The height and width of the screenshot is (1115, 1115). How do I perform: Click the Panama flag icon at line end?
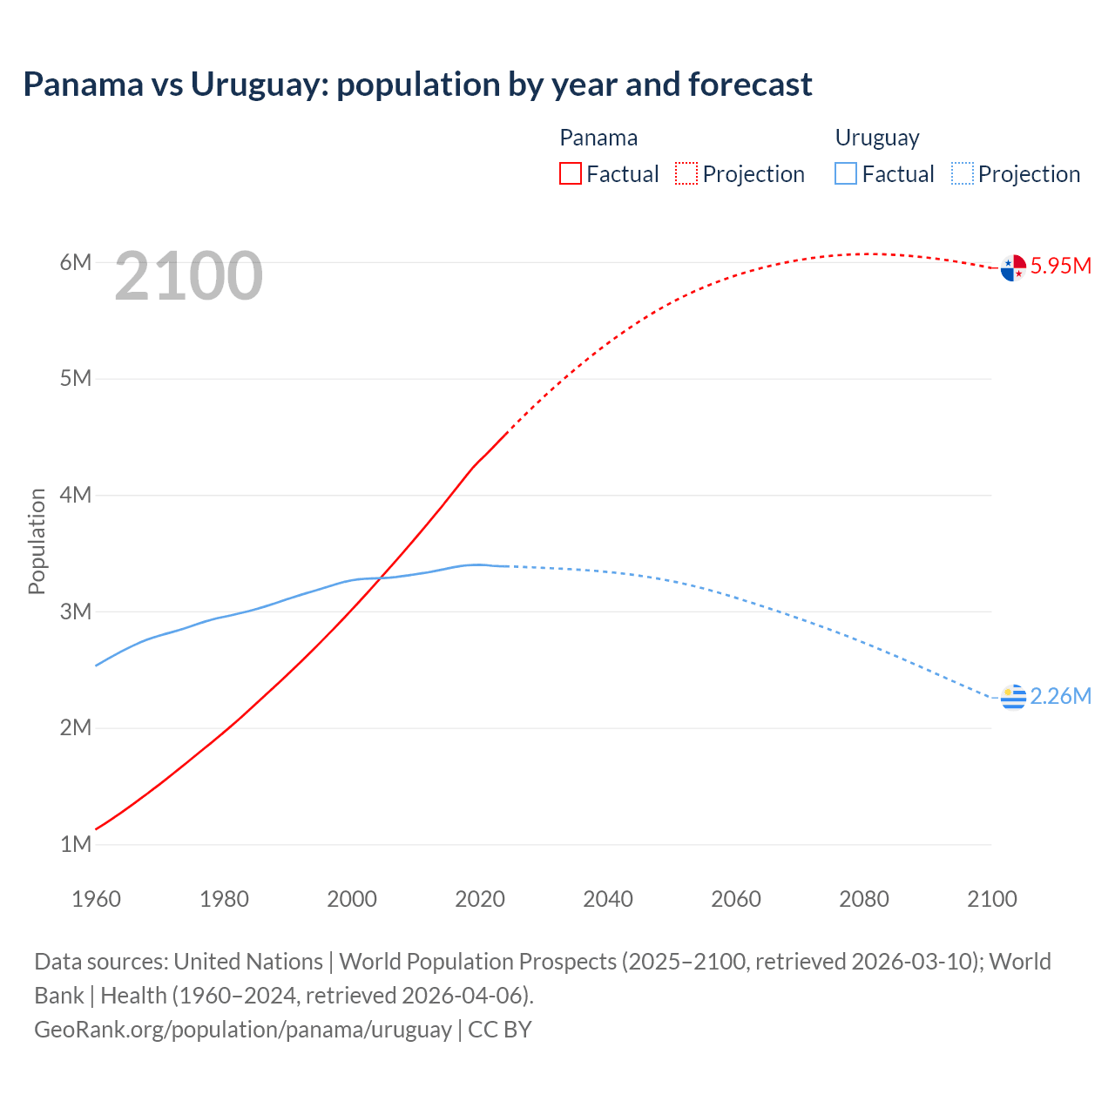coord(1013,267)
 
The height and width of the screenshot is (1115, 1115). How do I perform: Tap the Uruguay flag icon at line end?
coord(1013,697)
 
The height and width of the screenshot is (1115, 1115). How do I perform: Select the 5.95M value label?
coord(1060,267)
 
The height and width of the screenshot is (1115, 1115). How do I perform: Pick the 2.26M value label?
coord(1060,696)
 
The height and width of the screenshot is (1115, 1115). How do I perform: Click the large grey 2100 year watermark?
coord(188,276)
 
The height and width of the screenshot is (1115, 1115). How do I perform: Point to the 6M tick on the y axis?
coord(76,262)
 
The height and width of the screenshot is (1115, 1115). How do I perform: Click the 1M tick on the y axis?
coord(76,844)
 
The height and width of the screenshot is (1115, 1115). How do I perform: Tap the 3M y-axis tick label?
coord(76,612)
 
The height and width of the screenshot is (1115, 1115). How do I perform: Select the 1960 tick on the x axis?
coord(96,899)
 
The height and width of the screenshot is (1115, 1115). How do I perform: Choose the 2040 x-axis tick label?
coord(608,899)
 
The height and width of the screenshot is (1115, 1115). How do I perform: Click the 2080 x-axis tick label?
coord(864,899)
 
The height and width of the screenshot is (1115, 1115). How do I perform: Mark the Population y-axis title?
coord(37,541)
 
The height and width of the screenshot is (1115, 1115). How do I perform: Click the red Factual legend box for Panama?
coord(570,173)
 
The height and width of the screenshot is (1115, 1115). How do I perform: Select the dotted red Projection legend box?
coord(686,173)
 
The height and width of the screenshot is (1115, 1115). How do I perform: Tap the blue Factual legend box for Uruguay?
coord(846,173)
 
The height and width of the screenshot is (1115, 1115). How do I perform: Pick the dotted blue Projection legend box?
coord(963,173)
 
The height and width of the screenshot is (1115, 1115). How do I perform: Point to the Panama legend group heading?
coord(598,138)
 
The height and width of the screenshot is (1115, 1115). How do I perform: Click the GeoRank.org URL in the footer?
coord(243,1029)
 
